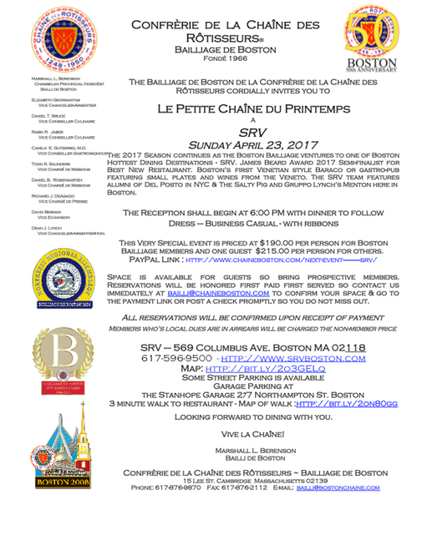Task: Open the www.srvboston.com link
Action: point(308,358)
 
